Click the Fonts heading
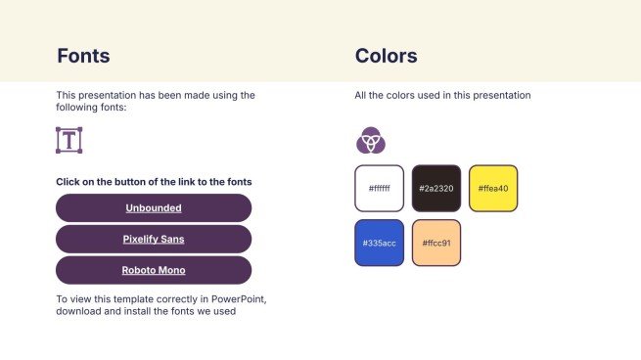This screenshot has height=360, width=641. pyautogui.click(x=83, y=56)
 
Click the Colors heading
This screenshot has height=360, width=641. pyautogui.click(x=386, y=56)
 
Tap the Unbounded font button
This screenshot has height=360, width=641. pyautogui.click(x=154, y=207)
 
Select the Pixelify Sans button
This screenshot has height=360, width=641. pyautogui.click(x=154, y=239)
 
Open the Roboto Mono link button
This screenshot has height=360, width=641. pyautogui.click(x=154, y=270)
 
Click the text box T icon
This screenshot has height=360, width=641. pyautogui.click(x=69, y=140)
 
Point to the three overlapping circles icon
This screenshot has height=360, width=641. pyautogui.click(x=370, y=141)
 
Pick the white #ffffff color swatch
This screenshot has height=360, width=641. pyautogui.click(x=379, y=189)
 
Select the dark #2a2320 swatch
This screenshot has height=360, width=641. pyautogui.click(x=435, y=189)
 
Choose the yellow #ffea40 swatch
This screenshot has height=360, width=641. pyautogui.click(x=493, y=189)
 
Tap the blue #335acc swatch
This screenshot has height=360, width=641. pyautogui.click(x=379, y=244)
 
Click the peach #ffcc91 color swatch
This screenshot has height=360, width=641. pyautogui.click(x=435, y=244)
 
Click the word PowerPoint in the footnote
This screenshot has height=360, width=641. pyautogui.click(x=235, y=298)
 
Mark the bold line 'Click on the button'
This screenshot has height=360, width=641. pyautogui.click(x=154, y=182)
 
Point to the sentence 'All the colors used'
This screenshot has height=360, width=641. pyautogui.click(x=442, y=96)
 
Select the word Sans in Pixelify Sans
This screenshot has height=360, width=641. pyautogui.click(x=173, y=239)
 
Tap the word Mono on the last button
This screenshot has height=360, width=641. pyautogui.click(x=170, y=270)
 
